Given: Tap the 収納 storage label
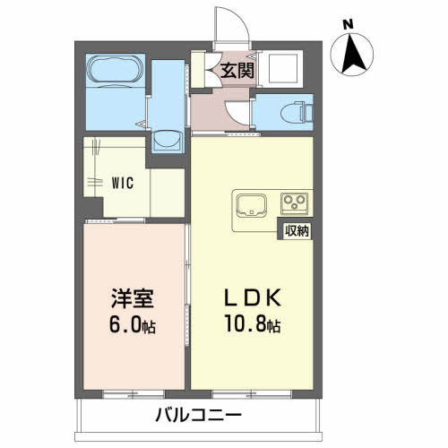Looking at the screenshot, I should tap(297, 231).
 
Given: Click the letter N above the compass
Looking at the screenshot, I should tap(349, 24).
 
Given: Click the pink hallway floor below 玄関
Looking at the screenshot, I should tap(224, 112).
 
